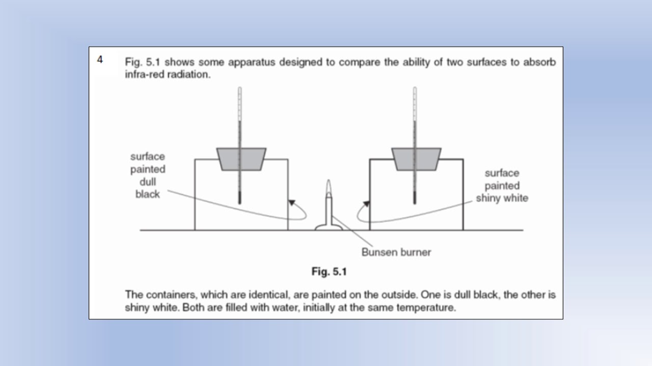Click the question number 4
point(100,60)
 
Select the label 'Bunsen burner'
point(396,252)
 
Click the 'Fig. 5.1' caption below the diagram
point(329,272)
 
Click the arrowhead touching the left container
point(291,202)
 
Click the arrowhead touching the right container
point(366,204)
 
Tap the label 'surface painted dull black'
point(148,175)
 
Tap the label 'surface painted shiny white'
point(502,186)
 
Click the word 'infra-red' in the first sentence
point(143,74)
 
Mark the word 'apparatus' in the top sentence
point(251,63)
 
